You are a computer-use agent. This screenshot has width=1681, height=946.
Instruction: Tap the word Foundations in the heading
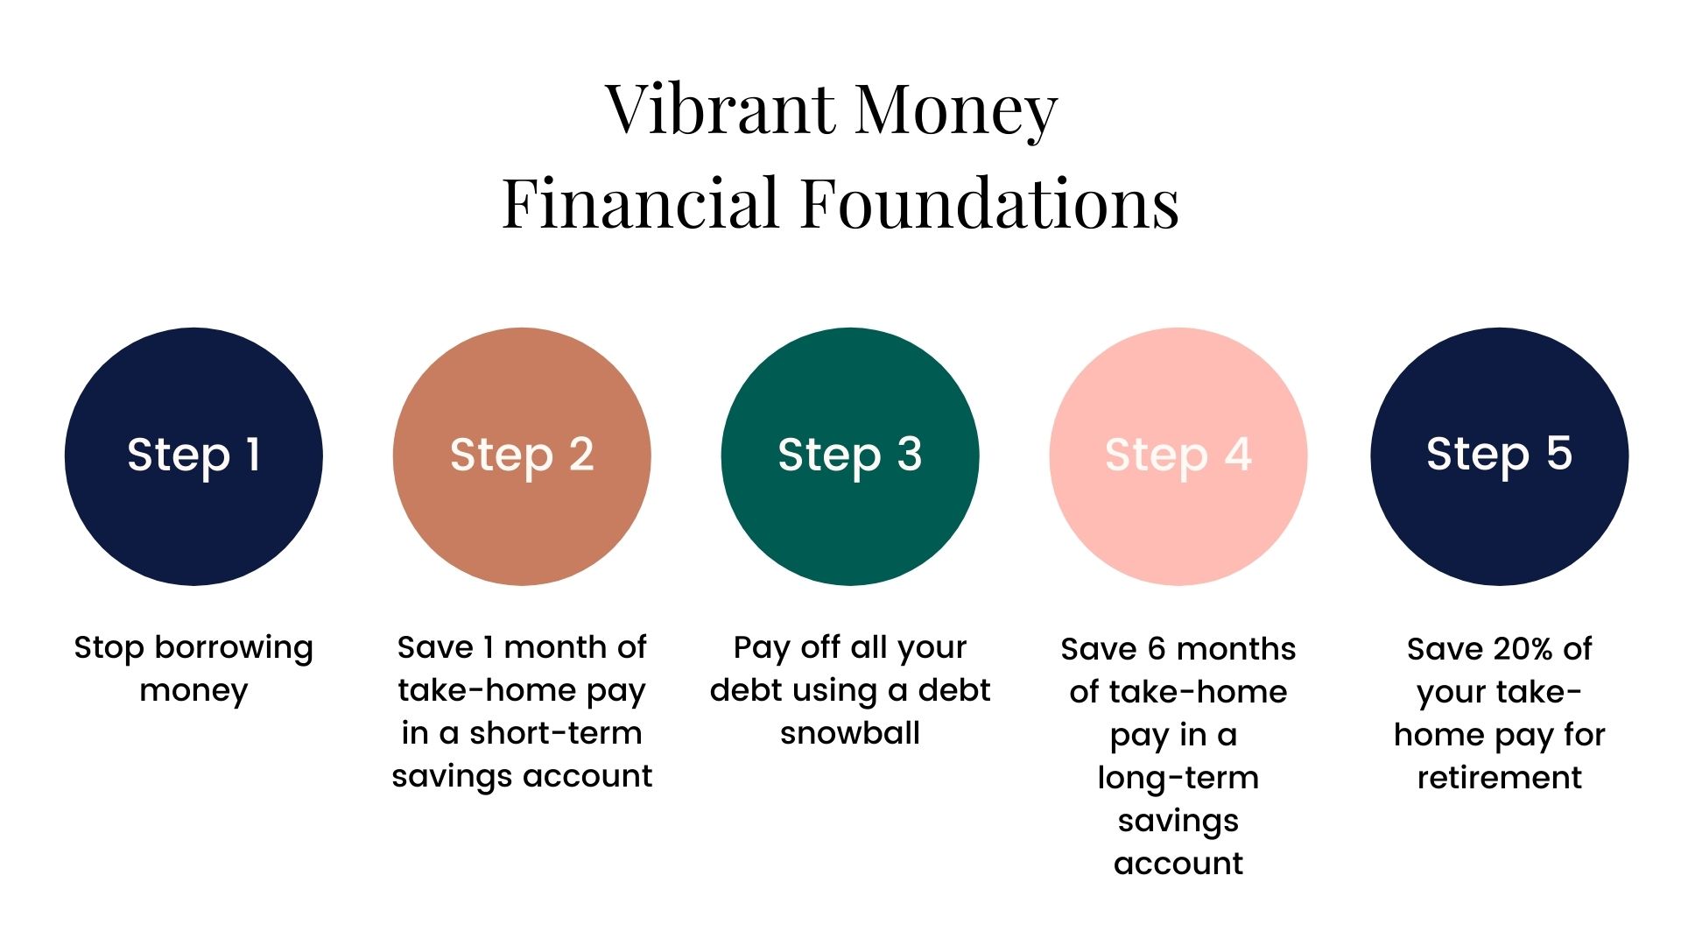pyautogui.click(x=990, y=203)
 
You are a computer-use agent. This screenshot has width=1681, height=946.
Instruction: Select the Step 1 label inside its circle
pyautogui.click(x=193, y=455)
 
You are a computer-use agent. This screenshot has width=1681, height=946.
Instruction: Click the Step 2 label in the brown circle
pyautogui.click(x=522, y=455)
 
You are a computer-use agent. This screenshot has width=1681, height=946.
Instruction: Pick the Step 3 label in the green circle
pyautogui.click(x=850, y=455)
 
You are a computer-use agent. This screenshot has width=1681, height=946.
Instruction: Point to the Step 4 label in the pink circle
pyautogui.click(x=1178, y=455)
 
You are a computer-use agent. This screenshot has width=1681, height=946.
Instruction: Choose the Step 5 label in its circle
pyautogui.click(x=1500, y=455)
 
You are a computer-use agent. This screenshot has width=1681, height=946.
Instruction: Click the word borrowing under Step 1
pyautogui.click(x=234, y=649)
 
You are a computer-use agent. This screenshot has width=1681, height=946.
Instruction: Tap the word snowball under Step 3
pyautogui.click(x=850, y=733)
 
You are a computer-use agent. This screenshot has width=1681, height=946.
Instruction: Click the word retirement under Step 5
pyautogui.click(x=1500, y=778)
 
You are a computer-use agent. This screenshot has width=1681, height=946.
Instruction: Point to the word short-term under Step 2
pyautogui.click(x=556, y=733)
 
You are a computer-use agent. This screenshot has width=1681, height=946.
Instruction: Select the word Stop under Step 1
pyautogui.click(x=109, y=649)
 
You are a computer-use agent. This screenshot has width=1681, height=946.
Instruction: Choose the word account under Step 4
pyautogui.click(x=1178, y=865)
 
